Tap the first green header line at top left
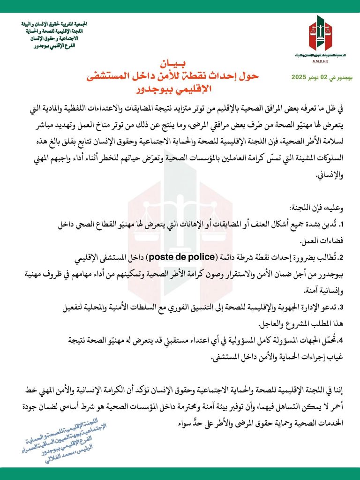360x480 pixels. (x=55, y=23)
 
